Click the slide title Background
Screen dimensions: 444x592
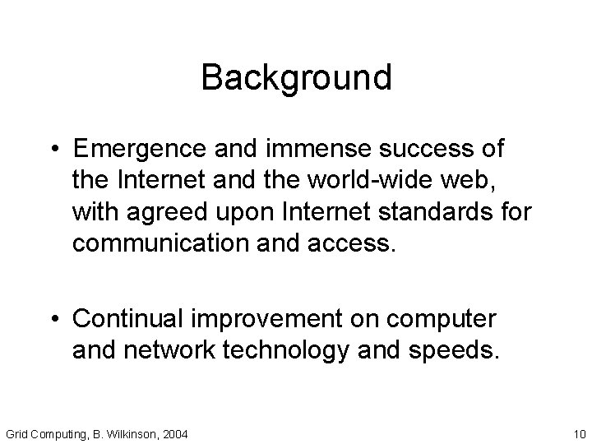point(296,78)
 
